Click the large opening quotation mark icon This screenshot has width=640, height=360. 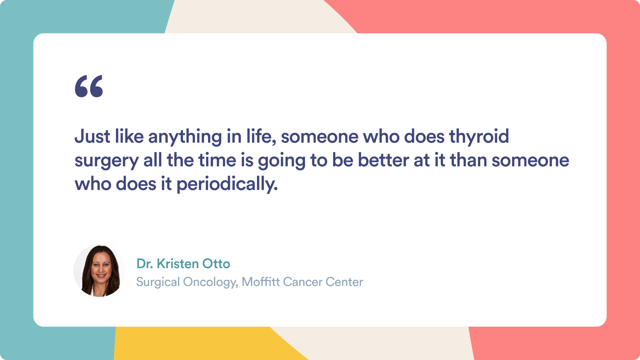point(89,86)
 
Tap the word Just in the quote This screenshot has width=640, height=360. point(92,136)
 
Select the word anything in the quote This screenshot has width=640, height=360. point(185,137)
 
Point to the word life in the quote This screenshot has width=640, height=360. point(261,136)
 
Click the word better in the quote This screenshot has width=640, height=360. point(383,160)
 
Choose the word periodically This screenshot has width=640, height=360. point(227,185)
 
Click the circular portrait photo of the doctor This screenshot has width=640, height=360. point(99,271)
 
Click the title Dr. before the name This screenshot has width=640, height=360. point(145,264)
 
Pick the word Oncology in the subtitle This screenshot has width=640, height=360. point(211,282)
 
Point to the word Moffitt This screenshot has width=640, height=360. point(261,282)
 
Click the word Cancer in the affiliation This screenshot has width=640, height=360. point(303,282)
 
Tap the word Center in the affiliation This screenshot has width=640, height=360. point(344,282)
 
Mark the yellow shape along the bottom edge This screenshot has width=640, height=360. point(200,343)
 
